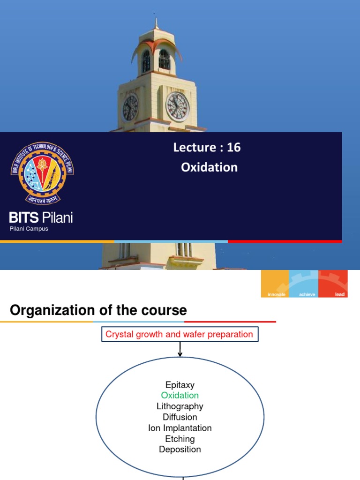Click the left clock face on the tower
130,107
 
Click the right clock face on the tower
177,106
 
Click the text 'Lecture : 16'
207,147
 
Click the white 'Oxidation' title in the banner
209,167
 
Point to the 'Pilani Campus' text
29,229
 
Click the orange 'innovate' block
275,284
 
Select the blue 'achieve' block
304,284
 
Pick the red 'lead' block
333,284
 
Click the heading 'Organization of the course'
98,310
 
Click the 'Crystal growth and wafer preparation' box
180,335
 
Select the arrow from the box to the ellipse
180,350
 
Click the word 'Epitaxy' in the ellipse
180,385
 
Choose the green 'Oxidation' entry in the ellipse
180,396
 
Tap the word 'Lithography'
180,406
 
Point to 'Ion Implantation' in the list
180,428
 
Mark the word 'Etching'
180,439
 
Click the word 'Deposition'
180,450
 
